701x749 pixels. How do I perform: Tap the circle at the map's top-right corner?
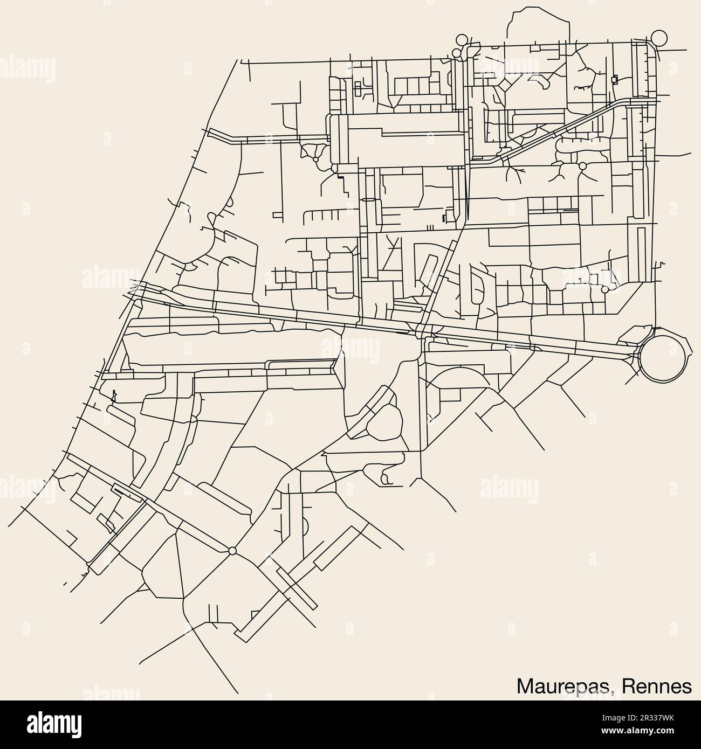click(659, 38)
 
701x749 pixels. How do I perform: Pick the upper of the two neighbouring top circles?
click(461, 39)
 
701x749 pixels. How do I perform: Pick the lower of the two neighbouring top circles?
click(456, 53)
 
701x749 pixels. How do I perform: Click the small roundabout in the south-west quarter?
click(232, 551)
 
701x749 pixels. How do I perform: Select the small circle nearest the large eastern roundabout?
click(604, 289)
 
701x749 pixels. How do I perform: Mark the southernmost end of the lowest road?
click(238, 692)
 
